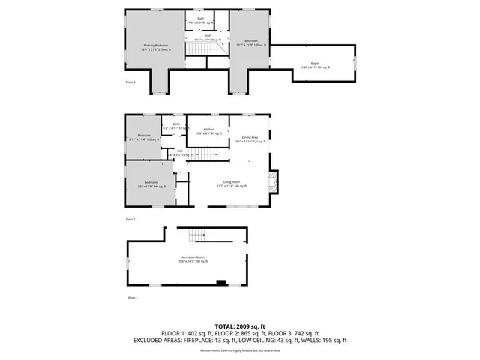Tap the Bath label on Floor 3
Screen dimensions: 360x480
pos(200,19)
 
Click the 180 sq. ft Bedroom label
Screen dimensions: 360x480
pos(251,42)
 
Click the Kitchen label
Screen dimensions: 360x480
pos(208,131)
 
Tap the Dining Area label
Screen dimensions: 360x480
pos(250,139)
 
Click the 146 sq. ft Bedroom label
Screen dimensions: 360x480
pos(150,184)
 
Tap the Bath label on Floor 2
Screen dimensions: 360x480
pos(175,126)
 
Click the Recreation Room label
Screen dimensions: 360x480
pos(192,260)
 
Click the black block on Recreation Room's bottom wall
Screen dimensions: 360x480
pos(220,283)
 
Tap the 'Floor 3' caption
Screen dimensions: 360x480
pos(130,82)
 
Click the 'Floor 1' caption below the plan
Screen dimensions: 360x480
pos(132,298)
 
